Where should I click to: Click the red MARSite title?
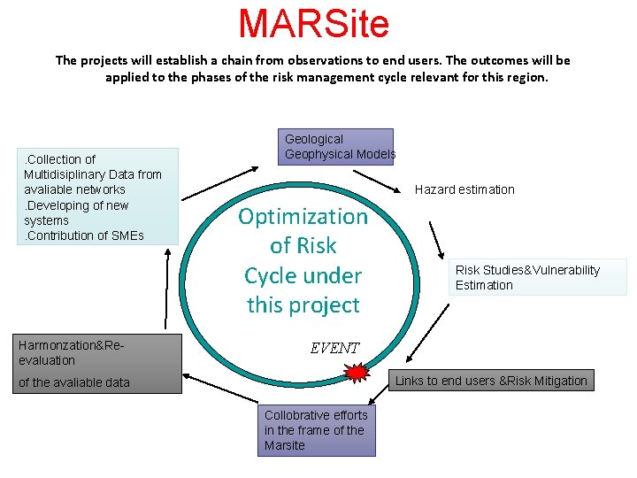point(313,24)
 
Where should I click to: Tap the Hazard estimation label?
point(464,189)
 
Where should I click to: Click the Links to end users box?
point(491,381)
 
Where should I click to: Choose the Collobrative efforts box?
point(318,430)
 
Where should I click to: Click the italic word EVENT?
point(334,348)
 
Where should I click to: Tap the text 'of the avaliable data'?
point(74,382)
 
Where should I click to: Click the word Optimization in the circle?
point(303,217)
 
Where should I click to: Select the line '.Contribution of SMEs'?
point(84,235)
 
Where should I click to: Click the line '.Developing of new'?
point(77,205)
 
